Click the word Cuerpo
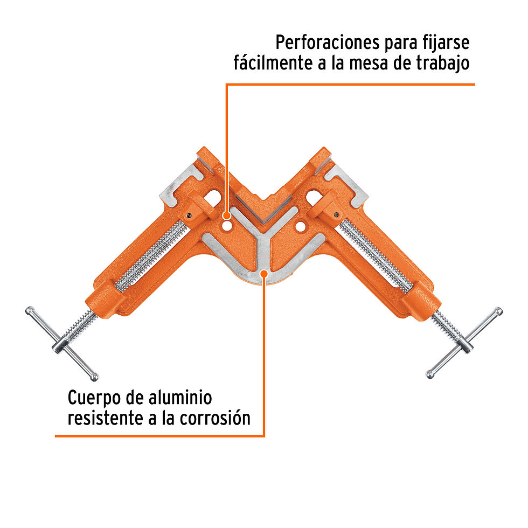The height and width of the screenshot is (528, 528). (94, 399)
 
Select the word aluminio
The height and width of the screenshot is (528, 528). (180, 398)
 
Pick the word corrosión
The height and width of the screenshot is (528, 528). (215, 418)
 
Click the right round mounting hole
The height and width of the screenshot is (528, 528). (300, 227)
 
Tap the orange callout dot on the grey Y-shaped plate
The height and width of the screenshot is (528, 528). (265, 274)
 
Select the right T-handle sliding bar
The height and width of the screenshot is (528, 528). (464, 343)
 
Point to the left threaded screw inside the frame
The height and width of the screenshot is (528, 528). (151, 256)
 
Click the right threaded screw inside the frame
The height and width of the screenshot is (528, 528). (376, 255)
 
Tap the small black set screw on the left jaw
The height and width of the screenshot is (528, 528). (190, 216)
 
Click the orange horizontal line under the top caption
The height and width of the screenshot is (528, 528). (350, 84)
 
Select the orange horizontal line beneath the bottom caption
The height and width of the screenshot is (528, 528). (160, 436)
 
